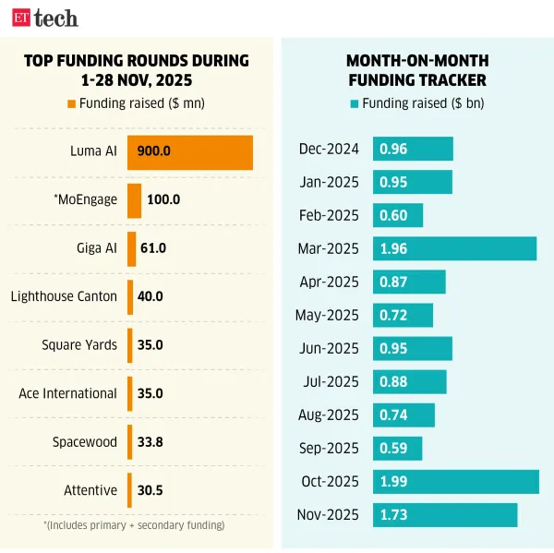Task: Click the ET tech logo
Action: coord(44,18)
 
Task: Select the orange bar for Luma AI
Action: coord(189,152)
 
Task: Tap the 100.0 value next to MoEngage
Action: coord(163,199)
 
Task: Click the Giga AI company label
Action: coord(97,248)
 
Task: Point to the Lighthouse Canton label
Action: coord(64,296)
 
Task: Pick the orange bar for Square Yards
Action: coord(129,345)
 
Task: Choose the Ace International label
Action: coord(67,393)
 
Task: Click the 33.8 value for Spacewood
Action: coord(150,442)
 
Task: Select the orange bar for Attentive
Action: coord(129,490)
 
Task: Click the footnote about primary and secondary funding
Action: coord(134,525)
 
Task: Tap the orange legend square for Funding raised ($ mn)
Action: coord(72,103)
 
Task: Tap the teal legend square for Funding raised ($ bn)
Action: coord(355,103)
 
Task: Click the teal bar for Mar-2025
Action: coord(454,248)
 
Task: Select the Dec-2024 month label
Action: coord(329,149)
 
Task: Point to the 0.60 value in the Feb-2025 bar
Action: coord(393,215)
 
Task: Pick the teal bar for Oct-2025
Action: coord(456,482)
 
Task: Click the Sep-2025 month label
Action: coord(330,449)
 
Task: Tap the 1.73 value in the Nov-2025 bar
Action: coord(393,515)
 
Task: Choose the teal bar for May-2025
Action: coord(403,315)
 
